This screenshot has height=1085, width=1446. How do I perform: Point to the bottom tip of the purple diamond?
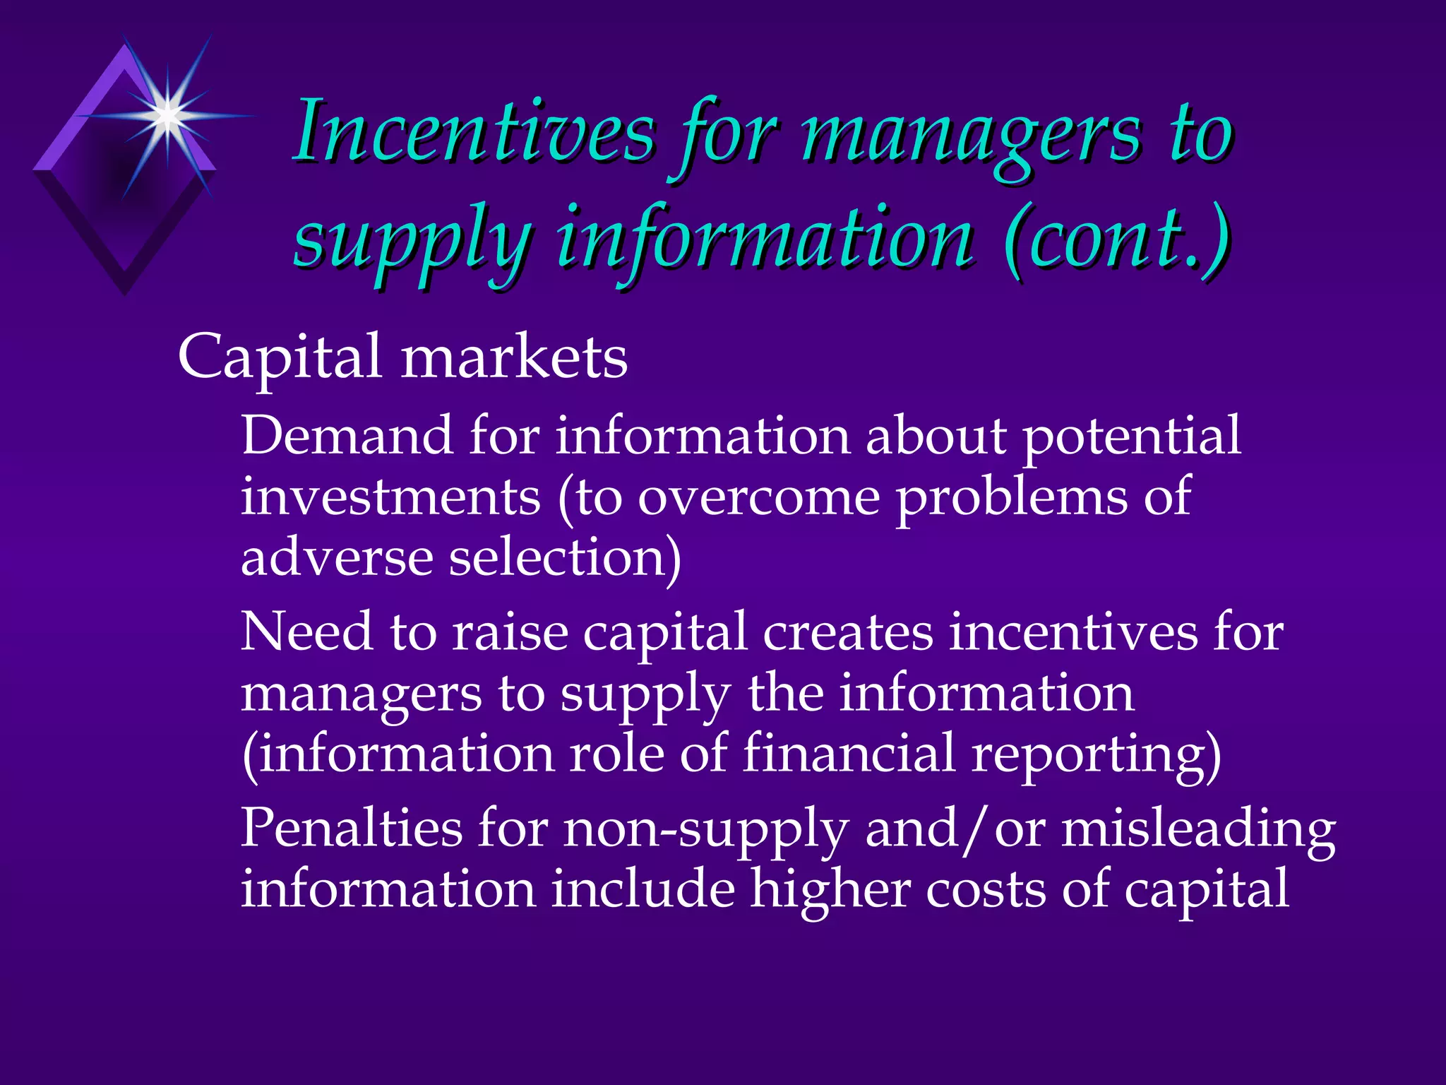(126, 292)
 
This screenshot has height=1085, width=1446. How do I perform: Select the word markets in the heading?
(514, 357)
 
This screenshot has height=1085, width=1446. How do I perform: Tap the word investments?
(390, 497)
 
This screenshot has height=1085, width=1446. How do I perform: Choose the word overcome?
(759, 497)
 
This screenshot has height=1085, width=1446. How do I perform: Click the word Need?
(306, 632)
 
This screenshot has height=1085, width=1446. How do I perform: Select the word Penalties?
(352, 828)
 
